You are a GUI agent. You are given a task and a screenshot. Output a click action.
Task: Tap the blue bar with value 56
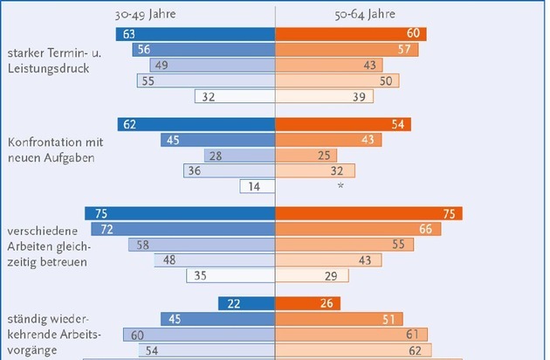204,50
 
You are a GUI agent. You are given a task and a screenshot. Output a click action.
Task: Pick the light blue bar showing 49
212,66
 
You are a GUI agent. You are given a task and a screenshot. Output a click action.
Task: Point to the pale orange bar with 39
324,97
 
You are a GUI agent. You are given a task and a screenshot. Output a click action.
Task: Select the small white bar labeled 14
258,186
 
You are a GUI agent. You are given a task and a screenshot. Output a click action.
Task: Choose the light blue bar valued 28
240,155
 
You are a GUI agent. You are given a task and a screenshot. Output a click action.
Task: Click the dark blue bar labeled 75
180,214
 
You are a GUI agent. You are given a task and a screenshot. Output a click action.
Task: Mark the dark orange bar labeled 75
368,214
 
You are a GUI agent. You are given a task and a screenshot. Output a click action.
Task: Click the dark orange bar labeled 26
307,304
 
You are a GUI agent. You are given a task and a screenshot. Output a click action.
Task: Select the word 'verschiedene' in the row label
38,231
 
